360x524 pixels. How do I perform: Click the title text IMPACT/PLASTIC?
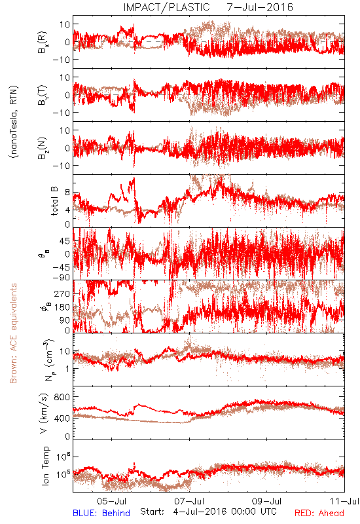coord(166,7)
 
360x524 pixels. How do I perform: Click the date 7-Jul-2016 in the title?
coord(260,7)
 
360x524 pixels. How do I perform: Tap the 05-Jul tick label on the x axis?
coord(111,501)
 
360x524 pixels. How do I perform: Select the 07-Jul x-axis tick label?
coord(189,501)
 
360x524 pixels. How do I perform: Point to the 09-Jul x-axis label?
coord(267,501)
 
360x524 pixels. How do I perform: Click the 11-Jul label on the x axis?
coord(345,501)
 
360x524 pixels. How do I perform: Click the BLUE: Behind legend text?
coord(101,513)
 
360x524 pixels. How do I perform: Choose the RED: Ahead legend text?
coord(319,513)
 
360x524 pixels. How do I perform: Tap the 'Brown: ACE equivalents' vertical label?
coord(13,333)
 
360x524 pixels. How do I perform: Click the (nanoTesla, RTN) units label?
coord(14,121)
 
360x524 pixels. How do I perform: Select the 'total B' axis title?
coord(54,201)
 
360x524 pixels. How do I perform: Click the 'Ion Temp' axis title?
coord(45,466)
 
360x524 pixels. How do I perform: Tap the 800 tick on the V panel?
coord(62,397)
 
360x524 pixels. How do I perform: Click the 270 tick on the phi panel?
coord(62,293)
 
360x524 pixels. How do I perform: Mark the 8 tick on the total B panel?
coord(67,193)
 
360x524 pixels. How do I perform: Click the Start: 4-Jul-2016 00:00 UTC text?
coord(208,512)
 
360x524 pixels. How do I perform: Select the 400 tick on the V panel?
coord(62,418)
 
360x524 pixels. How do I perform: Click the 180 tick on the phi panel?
coord(62,307)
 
